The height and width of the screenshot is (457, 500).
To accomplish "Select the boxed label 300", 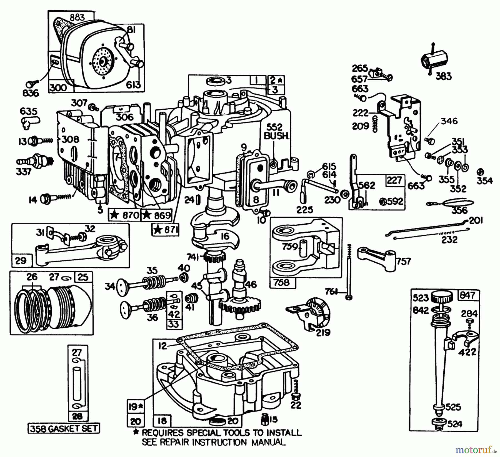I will (59, 87).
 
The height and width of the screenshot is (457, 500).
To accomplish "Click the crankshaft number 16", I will (225, 236).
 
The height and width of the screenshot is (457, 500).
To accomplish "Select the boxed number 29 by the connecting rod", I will (21, 260).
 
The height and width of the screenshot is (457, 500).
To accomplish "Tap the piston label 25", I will (83, 277).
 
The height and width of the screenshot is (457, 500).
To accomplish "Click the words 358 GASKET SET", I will (64, 428).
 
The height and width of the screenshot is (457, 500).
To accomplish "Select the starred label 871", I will (165, 230).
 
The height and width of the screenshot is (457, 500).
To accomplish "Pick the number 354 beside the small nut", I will (485, 181).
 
